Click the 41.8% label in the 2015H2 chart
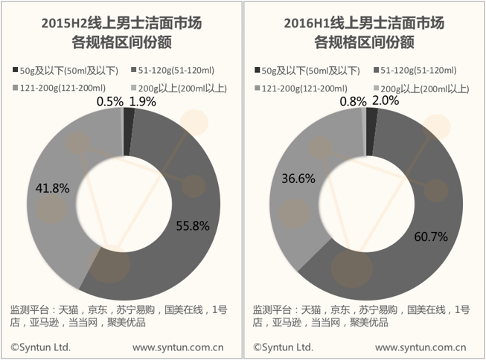(52, 188)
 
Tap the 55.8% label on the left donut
(193, 226)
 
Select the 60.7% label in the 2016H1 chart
(431, 237)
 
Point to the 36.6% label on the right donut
(298, 179)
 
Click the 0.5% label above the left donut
(110, 102)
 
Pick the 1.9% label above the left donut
(143, 102)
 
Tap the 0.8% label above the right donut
(353, 101)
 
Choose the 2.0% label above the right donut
(386, 100)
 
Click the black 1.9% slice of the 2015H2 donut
(128, 132)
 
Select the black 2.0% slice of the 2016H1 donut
(371, 132)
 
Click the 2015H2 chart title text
(121, 33)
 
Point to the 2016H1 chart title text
(364, 33)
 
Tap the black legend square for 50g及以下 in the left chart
(15, 70)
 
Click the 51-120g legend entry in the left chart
(173, 71)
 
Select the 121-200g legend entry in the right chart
(301, 89)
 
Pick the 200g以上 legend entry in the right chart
(421, 89)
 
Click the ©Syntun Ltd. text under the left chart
(41, 347)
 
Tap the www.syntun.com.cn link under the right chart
(421, 347)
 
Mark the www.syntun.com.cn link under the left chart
(178, 347)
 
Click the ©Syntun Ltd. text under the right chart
(284, 347)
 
